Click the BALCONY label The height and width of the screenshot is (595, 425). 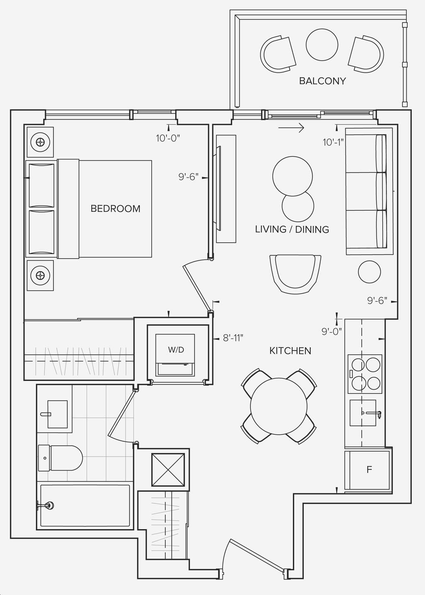(x=322, y=81)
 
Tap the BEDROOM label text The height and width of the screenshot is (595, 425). (x=115, y=209)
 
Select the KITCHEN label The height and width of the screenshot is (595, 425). (x=290, y=351)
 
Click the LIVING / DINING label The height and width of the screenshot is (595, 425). (x=292, y=229)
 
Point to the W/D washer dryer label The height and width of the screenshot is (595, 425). (x=176, y=350)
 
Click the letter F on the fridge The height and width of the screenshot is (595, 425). (x=369, y=470)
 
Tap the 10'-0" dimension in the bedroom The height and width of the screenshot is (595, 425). (x=168, y=138)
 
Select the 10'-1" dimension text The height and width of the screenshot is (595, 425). (x=333, y=142)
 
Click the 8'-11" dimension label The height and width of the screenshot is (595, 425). (x=233, y=338)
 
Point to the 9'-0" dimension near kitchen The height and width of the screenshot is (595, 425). (x=332, y=332)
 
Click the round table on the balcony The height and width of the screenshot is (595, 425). (x=322, y=45)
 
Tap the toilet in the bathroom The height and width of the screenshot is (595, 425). (x=60, y=458)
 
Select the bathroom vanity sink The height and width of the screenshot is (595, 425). (x=57, y=414)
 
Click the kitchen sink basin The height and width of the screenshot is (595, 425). (x=363, y=413)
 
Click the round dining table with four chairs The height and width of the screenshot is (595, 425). (x=278, y=406)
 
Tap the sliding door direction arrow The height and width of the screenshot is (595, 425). (x=291, y=128)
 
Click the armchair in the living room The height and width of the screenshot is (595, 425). (x=295, y=274)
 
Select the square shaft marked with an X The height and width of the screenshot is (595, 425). (x=168, y=470)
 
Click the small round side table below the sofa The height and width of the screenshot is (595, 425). (x=369, y=272)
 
